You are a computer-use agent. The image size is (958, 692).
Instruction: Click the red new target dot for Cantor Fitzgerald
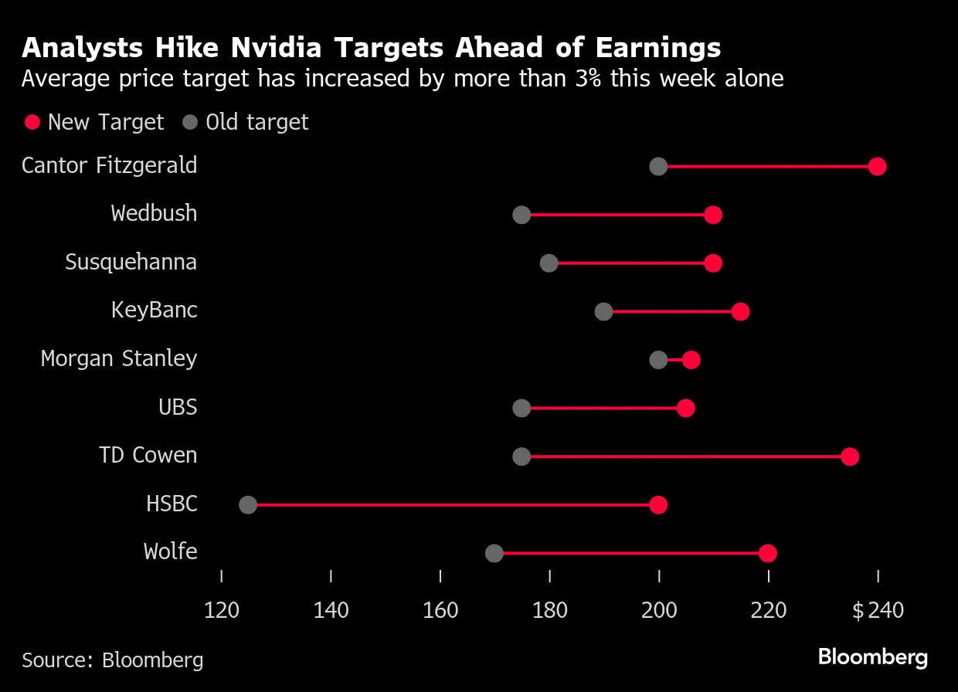click(877, 166)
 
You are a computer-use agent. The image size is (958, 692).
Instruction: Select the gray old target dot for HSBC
click(248, 505)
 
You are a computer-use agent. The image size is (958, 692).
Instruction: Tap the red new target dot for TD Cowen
click(850, 456)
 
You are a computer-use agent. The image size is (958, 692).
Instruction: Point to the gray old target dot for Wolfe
click(494, 553)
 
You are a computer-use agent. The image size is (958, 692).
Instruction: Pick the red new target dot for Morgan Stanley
click(691, 360)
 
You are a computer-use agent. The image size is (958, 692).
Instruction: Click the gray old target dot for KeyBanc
click(603, 311)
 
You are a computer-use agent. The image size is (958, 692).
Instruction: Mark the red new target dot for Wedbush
click(713, 215)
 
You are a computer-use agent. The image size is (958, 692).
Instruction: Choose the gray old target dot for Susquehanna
click(549, 263)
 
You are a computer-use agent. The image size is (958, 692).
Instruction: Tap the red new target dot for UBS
click(685, 409)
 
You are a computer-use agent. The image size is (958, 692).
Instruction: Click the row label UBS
click(178, 407)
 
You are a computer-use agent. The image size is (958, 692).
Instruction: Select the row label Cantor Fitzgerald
click(110, 165)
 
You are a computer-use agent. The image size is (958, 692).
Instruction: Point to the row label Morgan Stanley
click(119, 359)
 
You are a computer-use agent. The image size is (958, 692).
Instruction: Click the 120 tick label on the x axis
click(222, 611)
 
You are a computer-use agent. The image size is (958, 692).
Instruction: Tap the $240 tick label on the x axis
click(878, 611)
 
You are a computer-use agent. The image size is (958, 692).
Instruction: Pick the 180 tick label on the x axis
click(549, 611)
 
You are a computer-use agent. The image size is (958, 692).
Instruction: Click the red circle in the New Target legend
click(32, 122)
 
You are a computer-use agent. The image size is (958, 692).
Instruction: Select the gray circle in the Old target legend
click(190, 122)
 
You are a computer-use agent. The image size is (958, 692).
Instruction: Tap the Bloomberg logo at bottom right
click(872, 657)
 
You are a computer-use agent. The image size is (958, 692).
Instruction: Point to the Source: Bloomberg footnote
click(113, 660)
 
